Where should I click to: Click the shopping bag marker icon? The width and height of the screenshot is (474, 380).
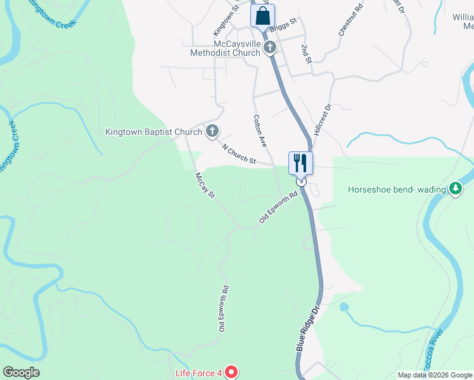coord(263,16)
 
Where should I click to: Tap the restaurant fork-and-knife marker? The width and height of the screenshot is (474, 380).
coord(300,163)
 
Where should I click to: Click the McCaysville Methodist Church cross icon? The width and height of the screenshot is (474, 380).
coord(270,47)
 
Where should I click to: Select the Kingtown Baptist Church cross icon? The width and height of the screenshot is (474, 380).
coord(212,132)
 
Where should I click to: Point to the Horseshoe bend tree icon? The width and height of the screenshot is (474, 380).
coord(455,189)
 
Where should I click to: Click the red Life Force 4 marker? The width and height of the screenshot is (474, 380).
coord(231,373)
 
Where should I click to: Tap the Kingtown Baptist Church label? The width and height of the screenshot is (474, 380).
coord(153,132)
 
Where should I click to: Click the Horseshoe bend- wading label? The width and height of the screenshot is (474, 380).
coord(397,189)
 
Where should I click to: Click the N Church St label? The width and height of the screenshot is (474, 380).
coord(238,155)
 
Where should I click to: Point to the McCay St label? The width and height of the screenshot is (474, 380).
coord(205,185)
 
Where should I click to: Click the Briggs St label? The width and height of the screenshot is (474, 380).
coord(283,26)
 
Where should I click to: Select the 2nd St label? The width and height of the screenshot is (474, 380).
coord(307,54)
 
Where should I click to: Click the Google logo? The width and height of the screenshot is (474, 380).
coord(21,372)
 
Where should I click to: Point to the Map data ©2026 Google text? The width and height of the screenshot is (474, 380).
coord(435,375)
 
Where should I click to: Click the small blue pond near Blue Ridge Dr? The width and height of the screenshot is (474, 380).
coord(344,307)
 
